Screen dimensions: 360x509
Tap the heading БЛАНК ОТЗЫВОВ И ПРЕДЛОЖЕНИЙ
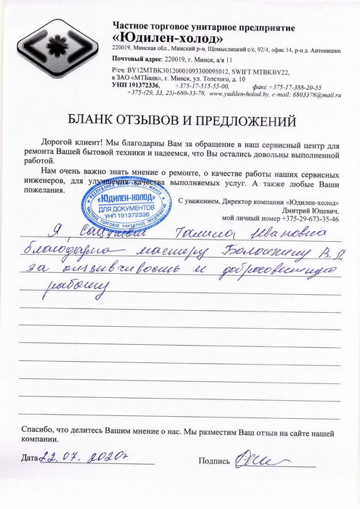(x=180, y=118)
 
